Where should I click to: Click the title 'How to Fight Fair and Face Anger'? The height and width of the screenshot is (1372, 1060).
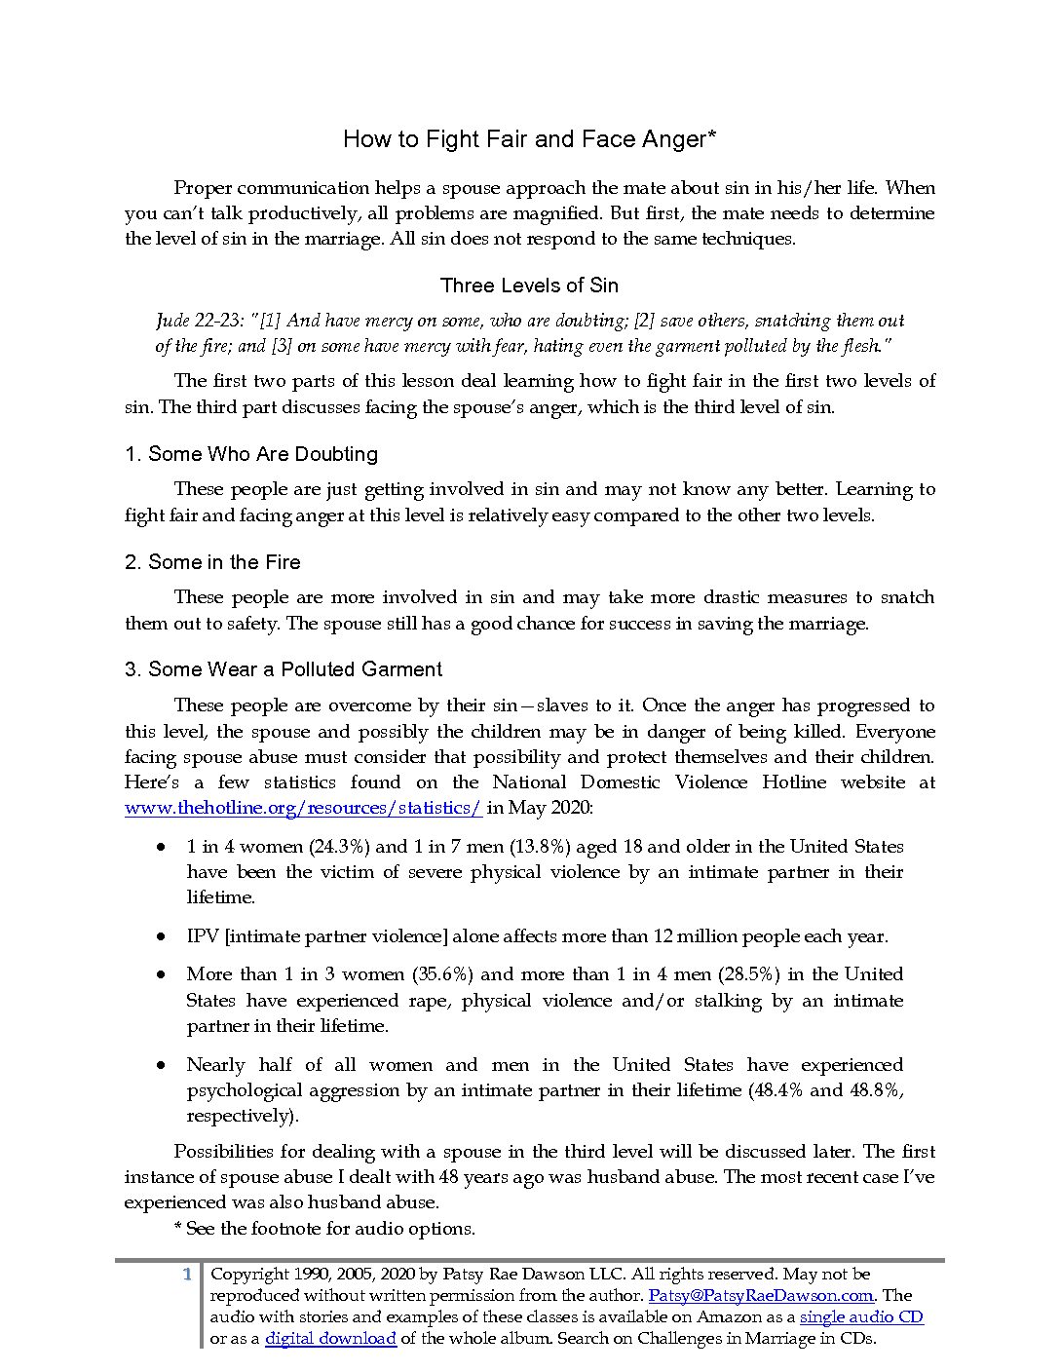tap(529, 139)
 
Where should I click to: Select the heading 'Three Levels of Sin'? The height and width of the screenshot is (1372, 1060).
tap(529, 286)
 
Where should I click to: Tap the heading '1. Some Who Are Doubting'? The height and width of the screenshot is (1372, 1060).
tap(251, 454)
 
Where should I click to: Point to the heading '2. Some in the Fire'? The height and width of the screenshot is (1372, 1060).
tap(212, 562)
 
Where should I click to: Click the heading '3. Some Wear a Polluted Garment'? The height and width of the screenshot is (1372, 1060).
tap(284, 669)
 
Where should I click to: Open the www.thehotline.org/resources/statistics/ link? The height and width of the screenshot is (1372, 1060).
tap(303, 808)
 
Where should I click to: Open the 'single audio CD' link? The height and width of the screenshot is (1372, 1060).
tap(861, 1317)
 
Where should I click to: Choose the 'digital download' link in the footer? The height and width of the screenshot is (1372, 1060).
tap(330, 1339)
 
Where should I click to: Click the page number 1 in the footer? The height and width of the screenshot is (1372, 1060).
tap(187, 1275)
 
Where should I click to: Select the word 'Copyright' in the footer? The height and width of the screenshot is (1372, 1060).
tap(250, 1275)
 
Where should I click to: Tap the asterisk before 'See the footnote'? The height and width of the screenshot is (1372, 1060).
tap(177, 1228)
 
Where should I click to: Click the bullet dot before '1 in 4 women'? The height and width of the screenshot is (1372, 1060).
tap(161, 848)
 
